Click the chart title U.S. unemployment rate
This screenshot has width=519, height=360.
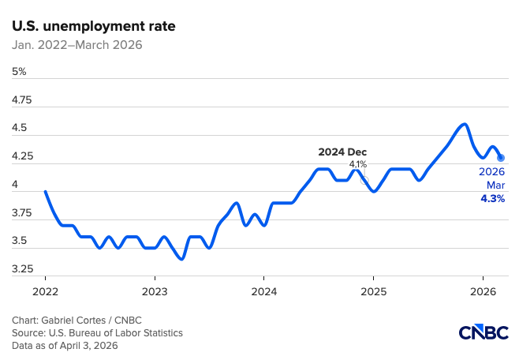click(94, 26)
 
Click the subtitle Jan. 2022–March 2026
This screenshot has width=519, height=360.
click(77, 45)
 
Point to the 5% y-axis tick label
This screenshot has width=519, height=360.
click(20, 72)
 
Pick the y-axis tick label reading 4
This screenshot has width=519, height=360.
click(16, 185)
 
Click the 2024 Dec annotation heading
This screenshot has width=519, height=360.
click(342, 152)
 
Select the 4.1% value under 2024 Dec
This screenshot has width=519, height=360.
click(357, 163)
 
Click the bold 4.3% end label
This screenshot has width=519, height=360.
click(493, 199)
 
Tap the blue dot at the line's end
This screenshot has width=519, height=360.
click(501, 158)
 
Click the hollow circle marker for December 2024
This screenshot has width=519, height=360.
click(364, 180)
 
